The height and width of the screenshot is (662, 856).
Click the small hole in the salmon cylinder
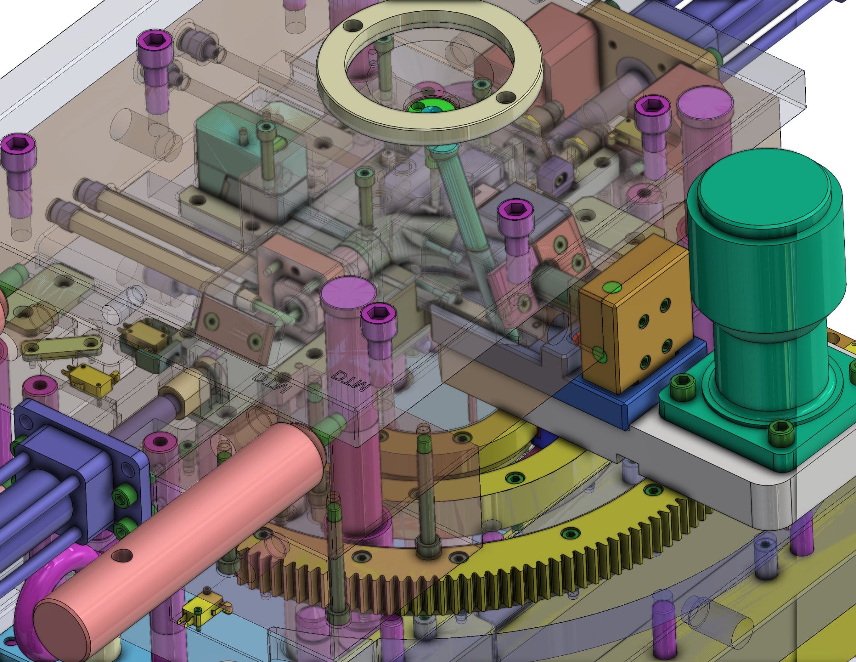(122, 556)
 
